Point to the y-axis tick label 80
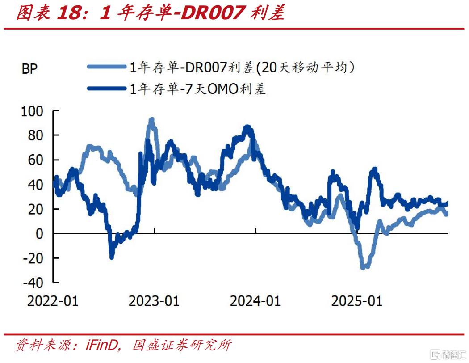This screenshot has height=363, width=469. coord(37,135)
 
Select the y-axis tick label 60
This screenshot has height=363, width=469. coord(37,160)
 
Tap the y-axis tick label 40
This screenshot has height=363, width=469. coord(37,185)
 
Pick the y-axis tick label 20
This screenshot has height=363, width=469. coord(37,209)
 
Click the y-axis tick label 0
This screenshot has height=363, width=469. coord(41,234)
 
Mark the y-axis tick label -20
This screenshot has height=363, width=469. coord(34,258)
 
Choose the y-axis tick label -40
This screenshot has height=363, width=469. coord(34,283)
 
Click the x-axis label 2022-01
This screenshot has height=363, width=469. coord(53,301)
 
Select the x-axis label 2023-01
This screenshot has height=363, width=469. coord(154,301)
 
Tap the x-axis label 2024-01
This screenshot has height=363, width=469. coord(255,301)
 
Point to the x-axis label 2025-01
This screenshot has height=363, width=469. coord(356,301)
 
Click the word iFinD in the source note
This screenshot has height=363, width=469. coord(101,345)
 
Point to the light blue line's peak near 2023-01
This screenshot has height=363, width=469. coord(151,120)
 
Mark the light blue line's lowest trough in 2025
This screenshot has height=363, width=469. coord(364,267)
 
